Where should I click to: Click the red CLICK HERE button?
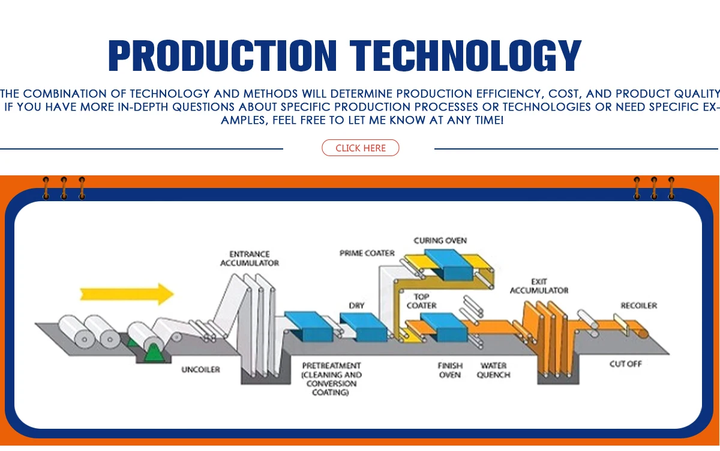[x=361, y=148]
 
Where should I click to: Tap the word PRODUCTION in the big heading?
[x=221, y=56]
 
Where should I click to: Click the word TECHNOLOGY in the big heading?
[x=466, y=56]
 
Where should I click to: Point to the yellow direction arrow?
[x=127, y=294]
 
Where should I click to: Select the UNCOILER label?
[x=200, y=370]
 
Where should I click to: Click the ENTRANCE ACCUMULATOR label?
[x=250, y=258]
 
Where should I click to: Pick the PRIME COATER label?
[x=367, y=253]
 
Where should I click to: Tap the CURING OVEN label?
[x=440, y=240]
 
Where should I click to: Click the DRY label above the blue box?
[x=356, y=306]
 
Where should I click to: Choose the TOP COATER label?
[x=421, y=301]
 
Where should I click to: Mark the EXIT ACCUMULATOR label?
[x=539, y=286]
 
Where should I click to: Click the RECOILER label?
[x=638, y=306]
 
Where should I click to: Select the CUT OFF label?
[x=626, y=364]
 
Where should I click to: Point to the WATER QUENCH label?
[x=494, y=370]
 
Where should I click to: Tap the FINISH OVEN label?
[x=449, y=370]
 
